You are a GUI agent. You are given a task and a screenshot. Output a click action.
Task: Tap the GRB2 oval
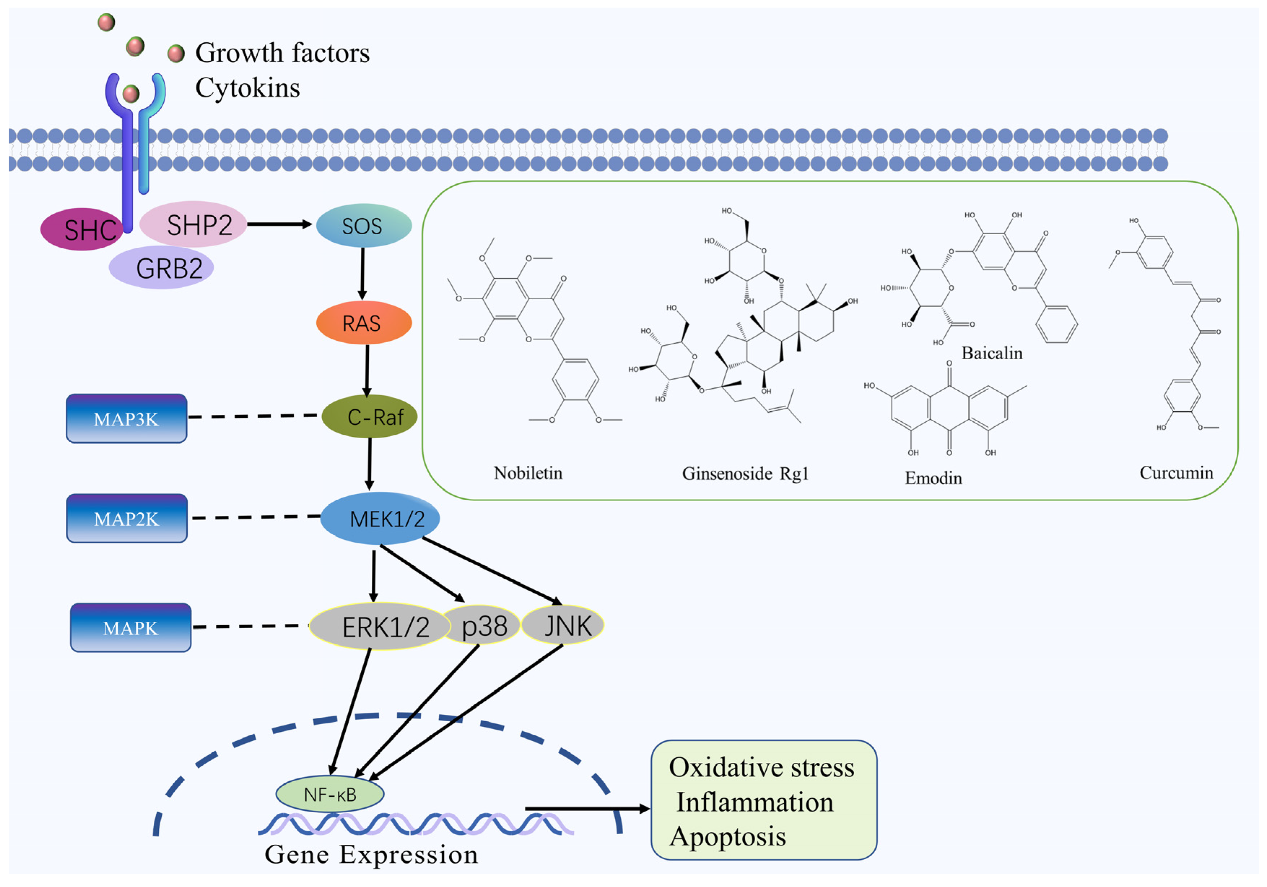pos(162,268)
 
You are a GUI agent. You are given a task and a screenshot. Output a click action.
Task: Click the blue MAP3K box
pos(126,419)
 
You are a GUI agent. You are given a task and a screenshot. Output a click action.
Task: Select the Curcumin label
pos(1176,473)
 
